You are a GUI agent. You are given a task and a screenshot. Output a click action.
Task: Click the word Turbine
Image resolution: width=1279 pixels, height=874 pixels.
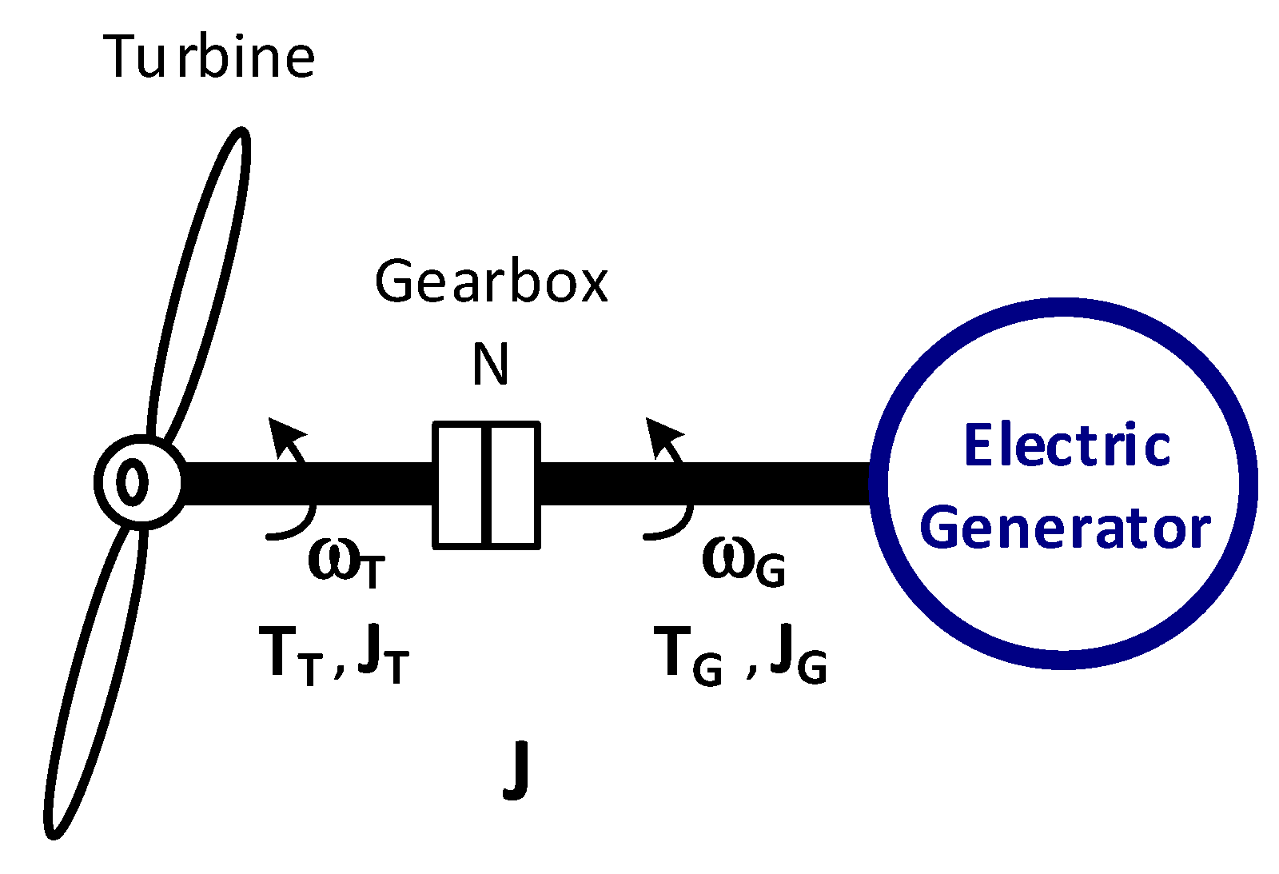[209, 57]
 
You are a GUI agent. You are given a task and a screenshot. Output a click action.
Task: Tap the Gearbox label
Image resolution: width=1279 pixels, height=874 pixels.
[491, 282]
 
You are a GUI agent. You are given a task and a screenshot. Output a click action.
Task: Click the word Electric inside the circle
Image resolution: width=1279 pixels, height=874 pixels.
[1067, 445]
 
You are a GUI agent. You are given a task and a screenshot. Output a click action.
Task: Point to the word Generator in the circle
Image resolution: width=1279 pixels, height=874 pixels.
[1065, 529]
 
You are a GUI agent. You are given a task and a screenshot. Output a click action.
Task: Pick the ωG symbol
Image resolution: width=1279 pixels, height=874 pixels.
[743, 561]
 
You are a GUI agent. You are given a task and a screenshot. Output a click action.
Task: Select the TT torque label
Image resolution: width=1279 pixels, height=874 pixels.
[291, 654]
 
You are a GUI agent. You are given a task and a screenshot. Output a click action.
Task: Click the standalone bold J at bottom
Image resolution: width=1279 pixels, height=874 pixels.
[516, 769]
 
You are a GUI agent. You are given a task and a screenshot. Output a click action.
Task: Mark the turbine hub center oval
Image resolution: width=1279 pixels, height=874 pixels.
[132, 482]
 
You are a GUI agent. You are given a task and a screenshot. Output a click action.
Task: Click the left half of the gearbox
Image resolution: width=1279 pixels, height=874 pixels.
[459, 485]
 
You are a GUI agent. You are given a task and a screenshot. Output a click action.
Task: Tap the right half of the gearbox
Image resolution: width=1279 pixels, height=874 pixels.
[513, 485]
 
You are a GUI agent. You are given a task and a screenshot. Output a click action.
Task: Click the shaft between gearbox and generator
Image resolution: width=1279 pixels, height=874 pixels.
[703, 484]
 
